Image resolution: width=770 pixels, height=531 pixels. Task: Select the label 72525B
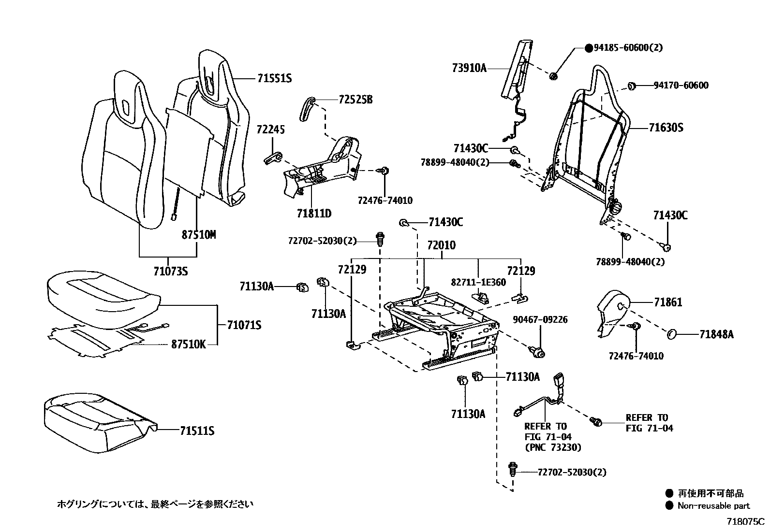355,100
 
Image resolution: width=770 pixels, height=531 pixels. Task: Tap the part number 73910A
469,68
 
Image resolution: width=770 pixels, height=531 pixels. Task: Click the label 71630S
666,128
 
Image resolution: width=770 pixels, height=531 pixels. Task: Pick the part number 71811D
314,213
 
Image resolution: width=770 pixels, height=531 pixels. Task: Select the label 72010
441,245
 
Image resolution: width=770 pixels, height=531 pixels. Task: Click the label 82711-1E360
479,283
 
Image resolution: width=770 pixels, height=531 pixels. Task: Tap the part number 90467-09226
540,320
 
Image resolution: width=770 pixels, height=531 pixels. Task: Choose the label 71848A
716,334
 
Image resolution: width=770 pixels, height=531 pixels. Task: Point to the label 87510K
188,344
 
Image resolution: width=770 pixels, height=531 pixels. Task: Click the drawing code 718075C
745,522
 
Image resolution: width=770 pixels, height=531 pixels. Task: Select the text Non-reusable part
713,506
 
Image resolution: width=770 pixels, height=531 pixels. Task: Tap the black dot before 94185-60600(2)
589,48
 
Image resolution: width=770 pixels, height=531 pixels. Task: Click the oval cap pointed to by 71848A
671,334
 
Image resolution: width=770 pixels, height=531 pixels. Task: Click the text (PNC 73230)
553,447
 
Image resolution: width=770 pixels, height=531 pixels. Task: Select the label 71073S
170,272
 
